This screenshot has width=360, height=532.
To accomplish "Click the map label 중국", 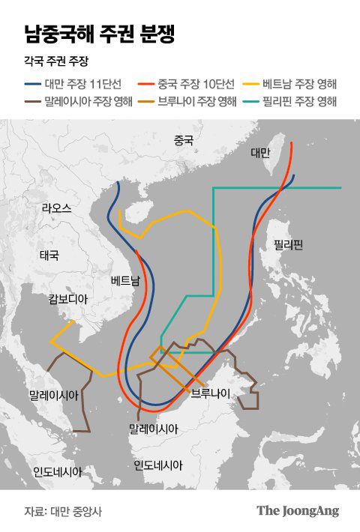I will click(x=183, y=140).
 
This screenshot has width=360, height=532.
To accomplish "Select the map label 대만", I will click(x=260, y=153).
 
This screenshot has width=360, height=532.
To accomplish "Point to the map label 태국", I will click(x=49, y=255).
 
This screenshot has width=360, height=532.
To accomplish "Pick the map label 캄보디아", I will click(x=68, y=299).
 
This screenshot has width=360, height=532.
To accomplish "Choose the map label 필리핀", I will click(x=286, y=244).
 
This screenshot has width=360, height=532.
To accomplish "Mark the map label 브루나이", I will click(x=211, y=393).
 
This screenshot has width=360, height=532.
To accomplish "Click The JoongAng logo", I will click(x=298, y=511).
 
